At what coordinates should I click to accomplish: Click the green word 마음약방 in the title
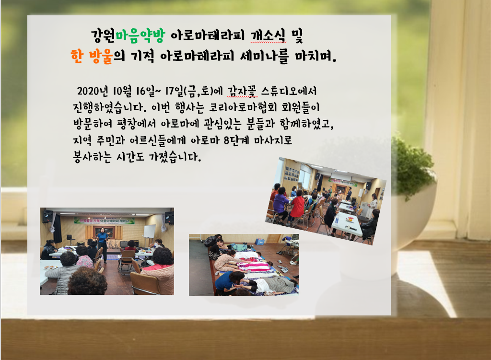140,35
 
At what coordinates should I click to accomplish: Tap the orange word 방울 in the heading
101,57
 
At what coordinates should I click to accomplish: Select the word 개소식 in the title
268,35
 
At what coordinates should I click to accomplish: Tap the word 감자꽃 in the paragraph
242,91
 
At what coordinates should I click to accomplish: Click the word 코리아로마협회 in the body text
243,107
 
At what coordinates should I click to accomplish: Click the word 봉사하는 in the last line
92,156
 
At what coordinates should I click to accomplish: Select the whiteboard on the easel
150,232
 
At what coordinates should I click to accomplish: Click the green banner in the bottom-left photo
104,221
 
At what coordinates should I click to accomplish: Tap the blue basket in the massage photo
259,241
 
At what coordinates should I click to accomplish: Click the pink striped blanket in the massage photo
254,266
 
